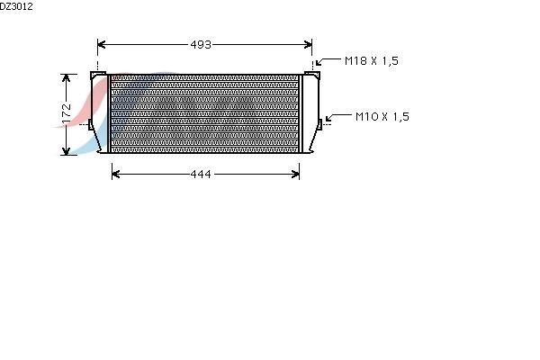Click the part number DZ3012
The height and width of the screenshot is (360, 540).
click(x=16, y=6)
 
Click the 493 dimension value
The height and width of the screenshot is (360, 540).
click(x=201, y=45)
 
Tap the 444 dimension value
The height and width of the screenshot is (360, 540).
click(x=201, y=175)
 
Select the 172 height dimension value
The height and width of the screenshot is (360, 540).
click(x=67, y=113)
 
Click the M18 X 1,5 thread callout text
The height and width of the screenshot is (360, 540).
click(x=372, y=61)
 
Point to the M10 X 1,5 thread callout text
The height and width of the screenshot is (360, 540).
click(x=382, y=117)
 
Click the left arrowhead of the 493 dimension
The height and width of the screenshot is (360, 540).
click(x=101, y=44)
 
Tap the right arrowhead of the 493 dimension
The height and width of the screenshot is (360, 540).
click(x=308, y=44)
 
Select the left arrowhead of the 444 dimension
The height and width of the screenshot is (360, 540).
click(x=116, y=174)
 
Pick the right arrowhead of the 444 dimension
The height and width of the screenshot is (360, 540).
click(x=295, y=174)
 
